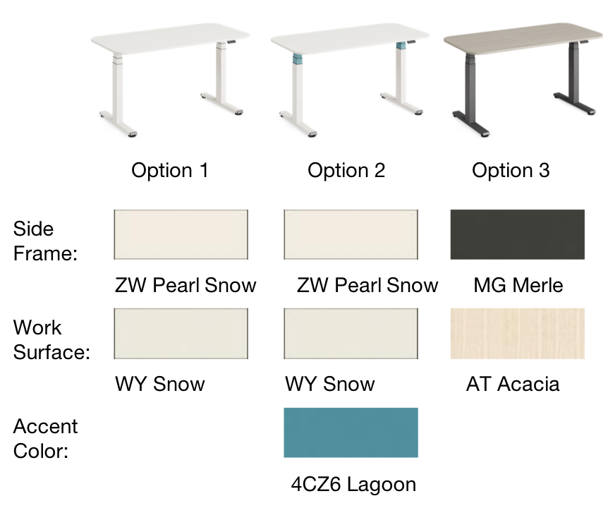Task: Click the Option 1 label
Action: click(x=170, y=171)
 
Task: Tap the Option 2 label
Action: click(x=346, y=171)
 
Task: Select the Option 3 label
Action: click(x=511, y=171)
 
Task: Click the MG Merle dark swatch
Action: click(x=518, y=234)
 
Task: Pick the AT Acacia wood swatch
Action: click(x=518, y=333)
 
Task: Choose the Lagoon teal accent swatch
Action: click(x=351, y=433)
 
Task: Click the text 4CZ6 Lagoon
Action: click(x=353, y=485)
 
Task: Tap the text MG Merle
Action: click(x=518, y=286)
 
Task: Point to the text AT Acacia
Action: click(x=513, y=385)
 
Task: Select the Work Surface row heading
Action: click(x=51, y=339)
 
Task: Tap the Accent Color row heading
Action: click(x=45, y=438)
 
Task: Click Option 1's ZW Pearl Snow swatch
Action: click(x=181, y=234)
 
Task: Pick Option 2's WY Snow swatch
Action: click(x=351, y=333)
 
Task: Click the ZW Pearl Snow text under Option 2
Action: click(x=367, y=286)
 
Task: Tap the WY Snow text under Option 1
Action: click(x=160, y=385)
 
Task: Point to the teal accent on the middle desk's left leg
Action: click(x=297, y=59)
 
